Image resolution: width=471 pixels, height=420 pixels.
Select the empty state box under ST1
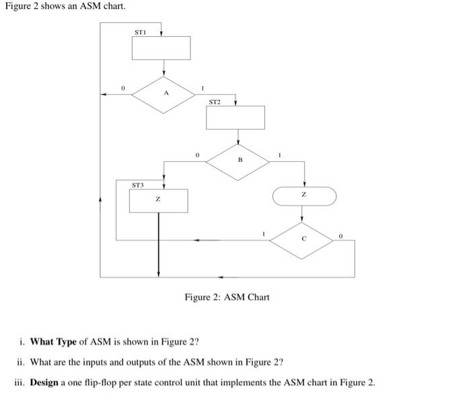tap(161, 48)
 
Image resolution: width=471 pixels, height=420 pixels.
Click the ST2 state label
tap(215, 102)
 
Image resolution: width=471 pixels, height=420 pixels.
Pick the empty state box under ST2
tap(235, 118)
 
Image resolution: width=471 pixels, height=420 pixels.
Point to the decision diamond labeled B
tap(240, 160)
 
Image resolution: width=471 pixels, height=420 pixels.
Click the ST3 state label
tap(137, 183)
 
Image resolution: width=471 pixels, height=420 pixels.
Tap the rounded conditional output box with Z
tap(303, 196)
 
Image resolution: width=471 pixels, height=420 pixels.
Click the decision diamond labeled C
tap(303, 238)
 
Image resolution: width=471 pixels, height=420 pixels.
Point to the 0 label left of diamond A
tap(122, 87)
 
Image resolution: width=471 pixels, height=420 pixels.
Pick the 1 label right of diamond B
tap(281, 155)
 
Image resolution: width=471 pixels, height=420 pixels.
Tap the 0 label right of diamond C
tap(341, 236)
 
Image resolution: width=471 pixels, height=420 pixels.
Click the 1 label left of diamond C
tap(264, 233)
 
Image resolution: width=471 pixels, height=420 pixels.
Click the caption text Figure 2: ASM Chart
tap(227, 297)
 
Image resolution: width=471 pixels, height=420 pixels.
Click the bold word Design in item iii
tap(46, 382)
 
